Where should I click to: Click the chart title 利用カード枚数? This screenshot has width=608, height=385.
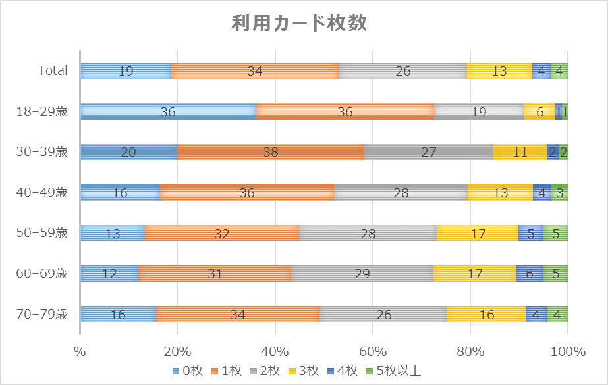[299, 23]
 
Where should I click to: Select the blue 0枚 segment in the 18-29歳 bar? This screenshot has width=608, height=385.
[168, 111]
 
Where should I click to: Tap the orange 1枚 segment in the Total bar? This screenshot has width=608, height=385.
[255, 71]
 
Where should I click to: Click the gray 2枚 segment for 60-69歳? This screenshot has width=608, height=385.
[362, 274]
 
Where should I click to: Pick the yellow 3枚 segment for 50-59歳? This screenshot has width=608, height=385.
[478, 233]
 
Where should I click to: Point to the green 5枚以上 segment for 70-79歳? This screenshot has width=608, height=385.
[557, 315]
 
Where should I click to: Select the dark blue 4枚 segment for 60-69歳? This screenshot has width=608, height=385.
[530, 274]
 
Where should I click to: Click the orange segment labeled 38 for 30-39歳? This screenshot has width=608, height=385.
[271, 152]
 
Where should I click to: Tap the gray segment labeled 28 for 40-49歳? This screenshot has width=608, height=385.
[401, 193]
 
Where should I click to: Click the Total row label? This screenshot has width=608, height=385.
[52, 70]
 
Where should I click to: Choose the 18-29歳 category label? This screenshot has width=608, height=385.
[41, 111]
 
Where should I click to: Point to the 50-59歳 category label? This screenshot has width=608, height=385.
[41, 233]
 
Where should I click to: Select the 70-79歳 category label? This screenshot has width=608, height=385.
[41, 315]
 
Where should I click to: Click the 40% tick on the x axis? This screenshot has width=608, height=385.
[275, 351]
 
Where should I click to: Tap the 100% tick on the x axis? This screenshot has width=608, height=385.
[567, 351]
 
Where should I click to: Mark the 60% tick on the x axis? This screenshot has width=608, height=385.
[373, 351]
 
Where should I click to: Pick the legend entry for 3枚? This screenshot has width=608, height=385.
[311, 371]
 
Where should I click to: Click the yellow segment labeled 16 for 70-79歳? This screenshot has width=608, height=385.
[486, 315]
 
